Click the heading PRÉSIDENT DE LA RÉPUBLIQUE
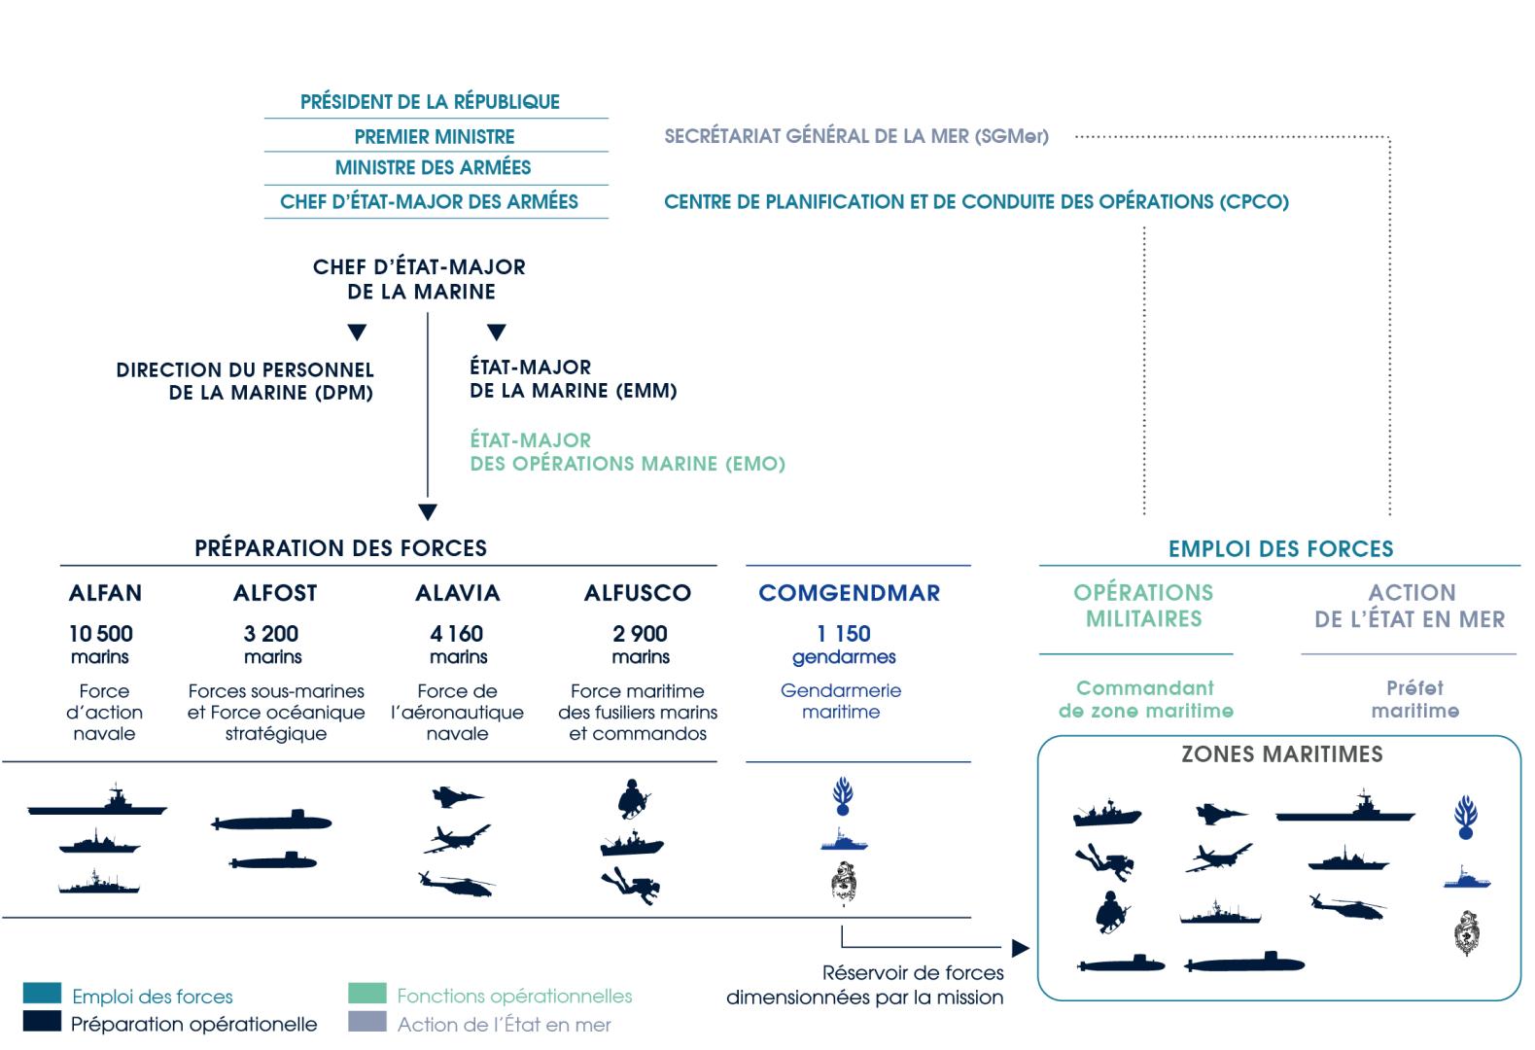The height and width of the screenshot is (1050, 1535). coord(430,101)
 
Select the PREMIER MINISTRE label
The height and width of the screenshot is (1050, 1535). coord(435,136)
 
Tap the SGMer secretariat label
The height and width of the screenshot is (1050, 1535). coord(856,136)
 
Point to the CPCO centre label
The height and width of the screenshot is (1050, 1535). coord(976,201)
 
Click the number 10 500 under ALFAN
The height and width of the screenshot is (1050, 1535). coord(101,633)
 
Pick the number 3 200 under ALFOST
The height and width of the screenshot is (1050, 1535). coord(271,633)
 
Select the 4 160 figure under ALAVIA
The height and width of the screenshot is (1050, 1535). coord(456,633)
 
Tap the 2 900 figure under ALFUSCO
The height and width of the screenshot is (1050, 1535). coord(640,633)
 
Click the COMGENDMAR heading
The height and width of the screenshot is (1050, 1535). coord(850,593)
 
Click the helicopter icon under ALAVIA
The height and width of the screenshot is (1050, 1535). coord(456,884)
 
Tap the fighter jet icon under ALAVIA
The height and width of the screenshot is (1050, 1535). coord(457,796)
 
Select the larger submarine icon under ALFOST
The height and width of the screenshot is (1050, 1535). coord(271,821)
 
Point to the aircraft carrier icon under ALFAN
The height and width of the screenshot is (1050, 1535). coord(96,800)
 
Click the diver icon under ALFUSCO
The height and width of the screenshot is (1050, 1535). coord(631,886)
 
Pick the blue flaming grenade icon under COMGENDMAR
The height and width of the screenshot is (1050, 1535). coord(843,796)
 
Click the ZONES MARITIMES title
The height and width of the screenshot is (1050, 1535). coord(1282,753)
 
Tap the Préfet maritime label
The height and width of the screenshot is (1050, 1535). coord(1415,699)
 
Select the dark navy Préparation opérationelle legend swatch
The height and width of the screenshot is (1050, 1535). coord(42,1021)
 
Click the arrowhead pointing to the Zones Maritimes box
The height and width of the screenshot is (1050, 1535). coord(1021,948)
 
